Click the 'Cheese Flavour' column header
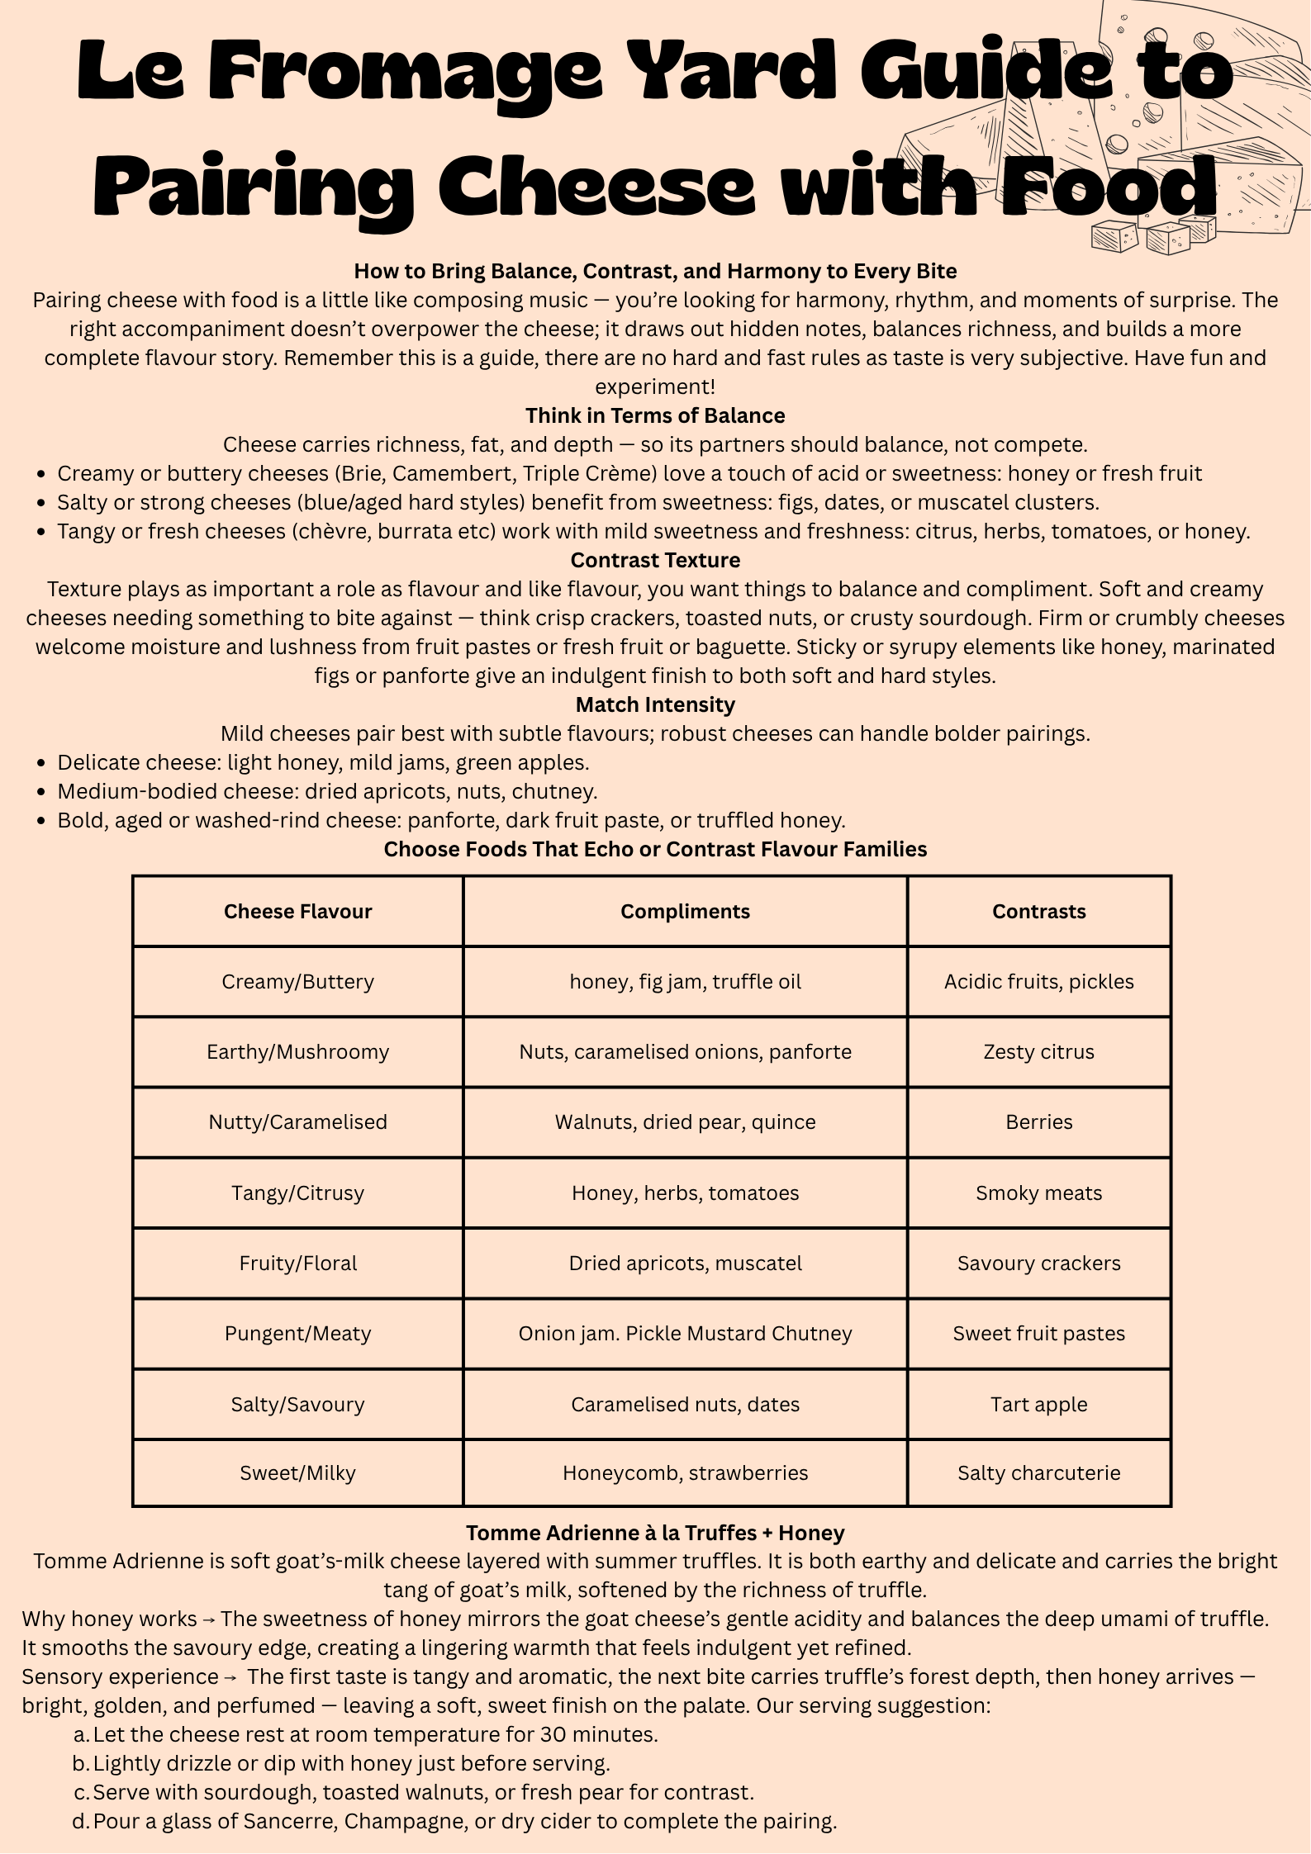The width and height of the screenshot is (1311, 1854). tap(297, 911)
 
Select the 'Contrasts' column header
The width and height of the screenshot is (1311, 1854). tap(1038, 911)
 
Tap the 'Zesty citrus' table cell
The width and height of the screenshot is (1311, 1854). tap(1038, 1051)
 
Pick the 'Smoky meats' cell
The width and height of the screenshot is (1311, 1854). tap(1038, 1193)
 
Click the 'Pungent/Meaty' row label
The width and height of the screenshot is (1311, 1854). tap(297, 1333)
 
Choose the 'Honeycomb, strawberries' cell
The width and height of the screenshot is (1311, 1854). tap(685, 1472)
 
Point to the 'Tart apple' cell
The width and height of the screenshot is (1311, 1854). tap(1038, 1404)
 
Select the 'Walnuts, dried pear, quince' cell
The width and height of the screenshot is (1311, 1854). tap(685, 1121)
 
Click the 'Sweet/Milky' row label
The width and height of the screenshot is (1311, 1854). tap(297, 1472)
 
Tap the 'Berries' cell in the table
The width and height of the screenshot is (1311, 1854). tap(1038, 1121)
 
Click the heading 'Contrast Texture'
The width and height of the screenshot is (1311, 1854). tap(655, 560)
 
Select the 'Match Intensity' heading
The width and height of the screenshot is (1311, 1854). tap(655, 704)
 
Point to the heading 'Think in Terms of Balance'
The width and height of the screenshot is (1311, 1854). tap(655, 415)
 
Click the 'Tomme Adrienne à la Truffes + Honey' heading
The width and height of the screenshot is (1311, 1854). tap(655, 1533)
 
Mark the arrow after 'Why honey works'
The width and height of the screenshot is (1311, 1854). tap(209, 1619)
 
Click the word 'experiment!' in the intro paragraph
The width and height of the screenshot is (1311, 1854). tap(655, 386)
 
